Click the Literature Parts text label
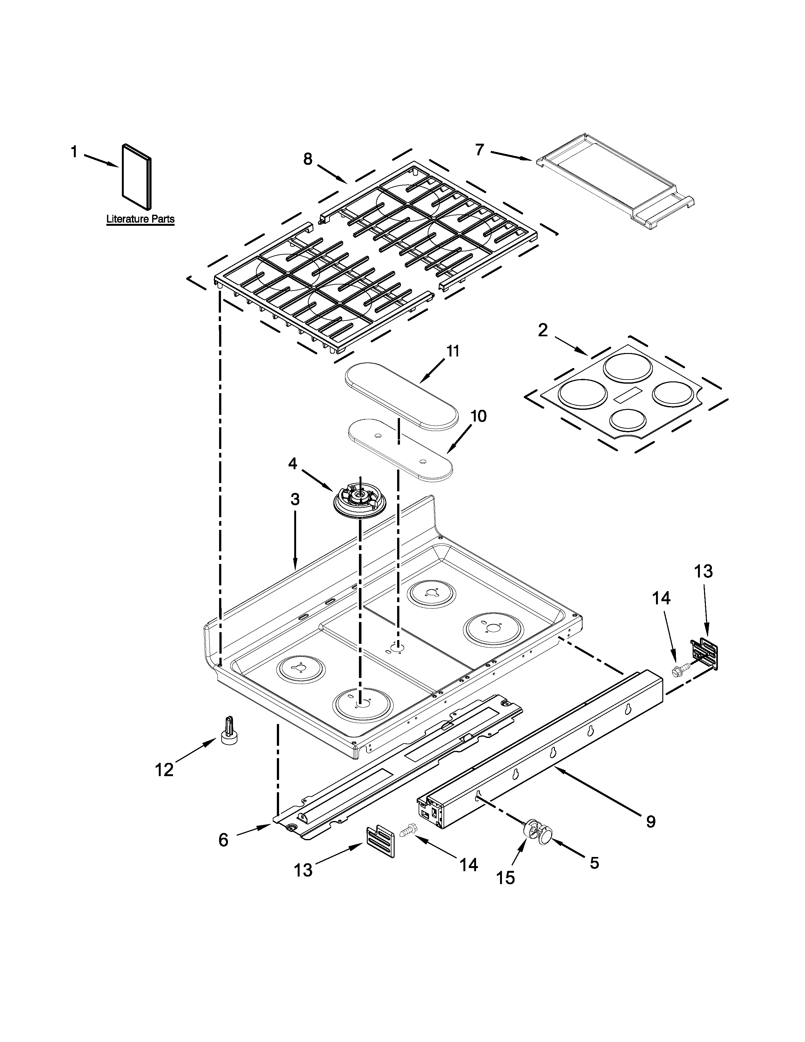pos(140,219)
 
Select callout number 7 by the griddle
pos(480,149)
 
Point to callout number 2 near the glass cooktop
pos(543,330)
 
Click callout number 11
pos(453,352)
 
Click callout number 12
pos(164,770)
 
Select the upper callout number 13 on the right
pos(703,572)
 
